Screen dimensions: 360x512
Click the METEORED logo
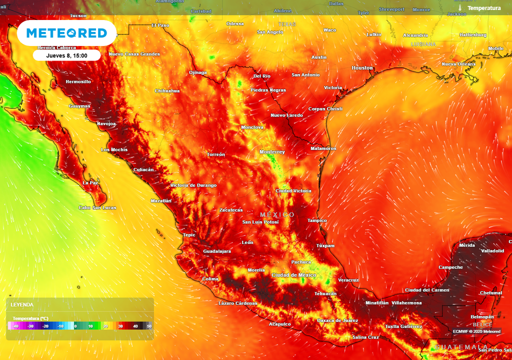pyautogui.click(x=66, y=33)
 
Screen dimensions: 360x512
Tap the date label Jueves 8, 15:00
pyautogui.click(x=66, y=55)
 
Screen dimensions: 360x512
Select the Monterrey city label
pyautogui.click(x=272, y=152)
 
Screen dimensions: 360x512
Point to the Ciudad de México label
pyautogui.click(x=293, y=275)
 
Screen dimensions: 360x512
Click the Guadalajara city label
pyautogui.click(x=217, y=251)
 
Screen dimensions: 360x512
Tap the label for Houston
pyautogui.click(x=362, y=68)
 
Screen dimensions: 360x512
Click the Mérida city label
pyautogui.click(x=467, y=245)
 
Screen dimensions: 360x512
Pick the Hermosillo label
pyautogui.click(x=78, y=81)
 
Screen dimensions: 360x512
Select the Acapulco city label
pyautogui.click(x=279, y=324)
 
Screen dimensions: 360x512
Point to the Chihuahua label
pyautogui.click(x=167, y=91)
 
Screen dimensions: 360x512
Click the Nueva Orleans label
pyautogui.click(x=458, y=64)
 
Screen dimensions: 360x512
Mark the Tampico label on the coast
pyautogui.click(x=317, y=220)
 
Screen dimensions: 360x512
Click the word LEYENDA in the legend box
pyautogui.click(x=22, y=304)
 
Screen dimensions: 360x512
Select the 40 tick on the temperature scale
pyautogui.click(x=135, y=326)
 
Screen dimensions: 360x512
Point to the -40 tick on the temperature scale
pyautogui.click(x=16, y=326)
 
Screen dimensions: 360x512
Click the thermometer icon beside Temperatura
pyautogui.click(x=460, y=8)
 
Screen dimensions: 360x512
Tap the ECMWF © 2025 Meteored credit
pyautogui.click(x=476, y=331)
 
